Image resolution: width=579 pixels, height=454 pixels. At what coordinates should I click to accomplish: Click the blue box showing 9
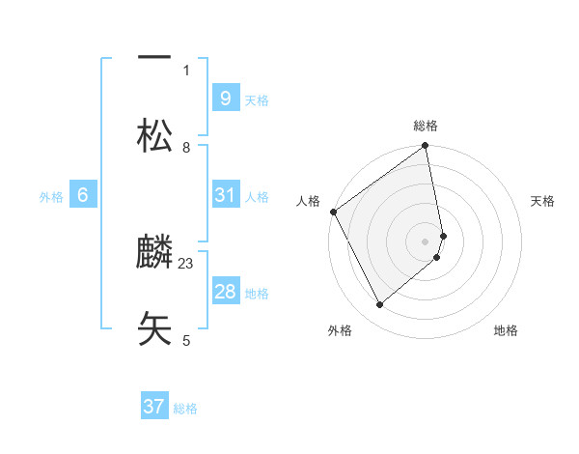pyautogui.click(x=225, y=98)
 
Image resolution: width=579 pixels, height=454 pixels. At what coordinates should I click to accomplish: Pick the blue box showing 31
pyautogui.click(x=225, y=195)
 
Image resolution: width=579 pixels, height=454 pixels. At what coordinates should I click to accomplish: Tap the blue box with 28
pyautogui.click(x=225, y=292)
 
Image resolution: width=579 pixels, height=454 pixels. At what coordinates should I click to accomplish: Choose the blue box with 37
pyautogui.click(x=154, y=407)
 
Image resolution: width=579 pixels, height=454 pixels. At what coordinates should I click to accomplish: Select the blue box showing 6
pyautogui.click(x=83, y=195)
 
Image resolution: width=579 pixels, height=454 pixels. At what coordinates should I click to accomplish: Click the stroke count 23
pyautogui.click(x=186, y=264)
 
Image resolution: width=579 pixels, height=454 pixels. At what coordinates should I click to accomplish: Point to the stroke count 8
pyautogui.click(x=186, y=148)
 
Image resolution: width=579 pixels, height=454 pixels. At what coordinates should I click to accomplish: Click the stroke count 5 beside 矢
pyautogui.click(x=186, y=340)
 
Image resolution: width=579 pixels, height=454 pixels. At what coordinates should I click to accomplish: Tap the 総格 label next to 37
pyautogui.click(x=185, y=409)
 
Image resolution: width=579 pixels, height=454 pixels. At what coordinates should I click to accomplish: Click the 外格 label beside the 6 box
pyautogui.click(x=51, y=196)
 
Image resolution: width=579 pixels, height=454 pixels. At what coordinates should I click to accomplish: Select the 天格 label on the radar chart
pyautogui.click(x=542, y=201)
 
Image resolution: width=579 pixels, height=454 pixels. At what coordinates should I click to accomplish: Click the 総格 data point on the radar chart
pyautogui.click(x=425, y=147)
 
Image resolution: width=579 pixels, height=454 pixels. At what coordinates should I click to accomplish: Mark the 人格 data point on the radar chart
pyautogui.click(x=333, y=212)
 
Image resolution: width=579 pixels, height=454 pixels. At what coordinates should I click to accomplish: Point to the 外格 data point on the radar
pyautogui.click(x=380, y=304)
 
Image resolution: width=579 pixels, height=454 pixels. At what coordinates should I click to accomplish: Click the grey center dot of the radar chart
pyautogui.click(x=425, y=241)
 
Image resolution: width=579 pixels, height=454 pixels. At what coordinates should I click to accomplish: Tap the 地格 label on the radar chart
pyautogui.click(x=506, y=330)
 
